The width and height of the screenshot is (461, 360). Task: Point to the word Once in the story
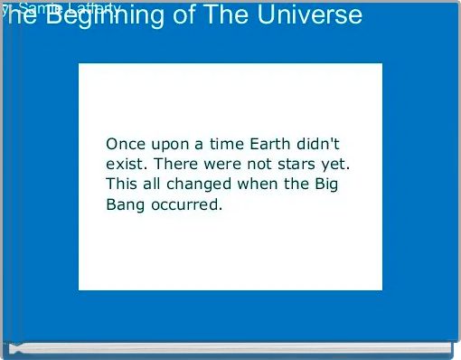click(126, 145)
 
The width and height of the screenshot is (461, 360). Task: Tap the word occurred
click(185, 204)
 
